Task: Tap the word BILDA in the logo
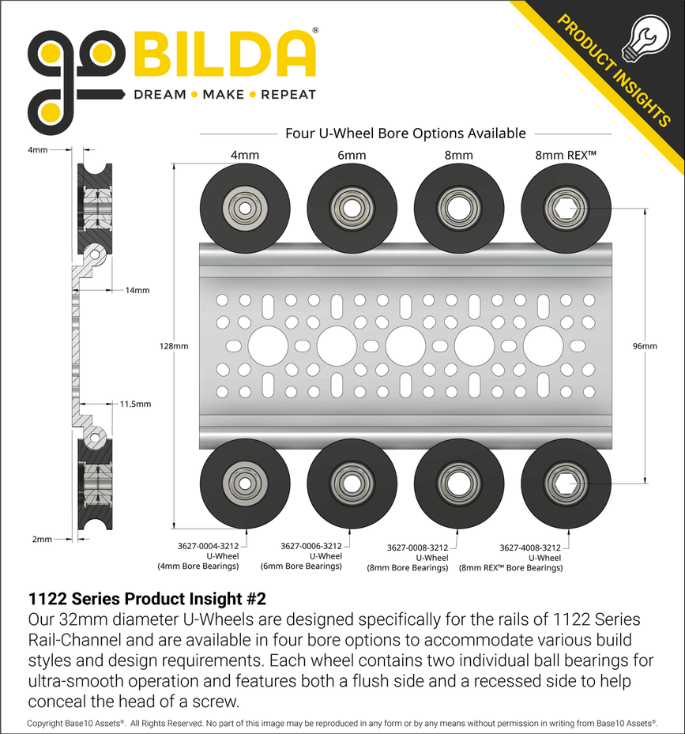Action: [x=224, y=55]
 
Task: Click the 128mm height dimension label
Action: [x=174, y=346]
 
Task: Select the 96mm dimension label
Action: [x=645, y=346]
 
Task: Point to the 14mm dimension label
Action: [x=136, y=290]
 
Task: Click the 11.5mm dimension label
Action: [x=134, y=404]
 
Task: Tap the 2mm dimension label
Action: [x=42, y=539]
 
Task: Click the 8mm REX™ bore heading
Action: [x=565, y=156]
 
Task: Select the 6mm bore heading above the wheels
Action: [x=351, y=156]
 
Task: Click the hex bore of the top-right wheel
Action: [x=565, y=208]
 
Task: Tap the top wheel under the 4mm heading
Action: [x=244, y=208]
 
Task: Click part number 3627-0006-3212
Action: [x=311, y=545]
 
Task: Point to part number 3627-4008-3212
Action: [x=530, y=547]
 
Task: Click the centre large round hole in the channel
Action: [x=405, y=346]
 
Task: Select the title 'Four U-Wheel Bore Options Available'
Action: [x=405, y=134]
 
